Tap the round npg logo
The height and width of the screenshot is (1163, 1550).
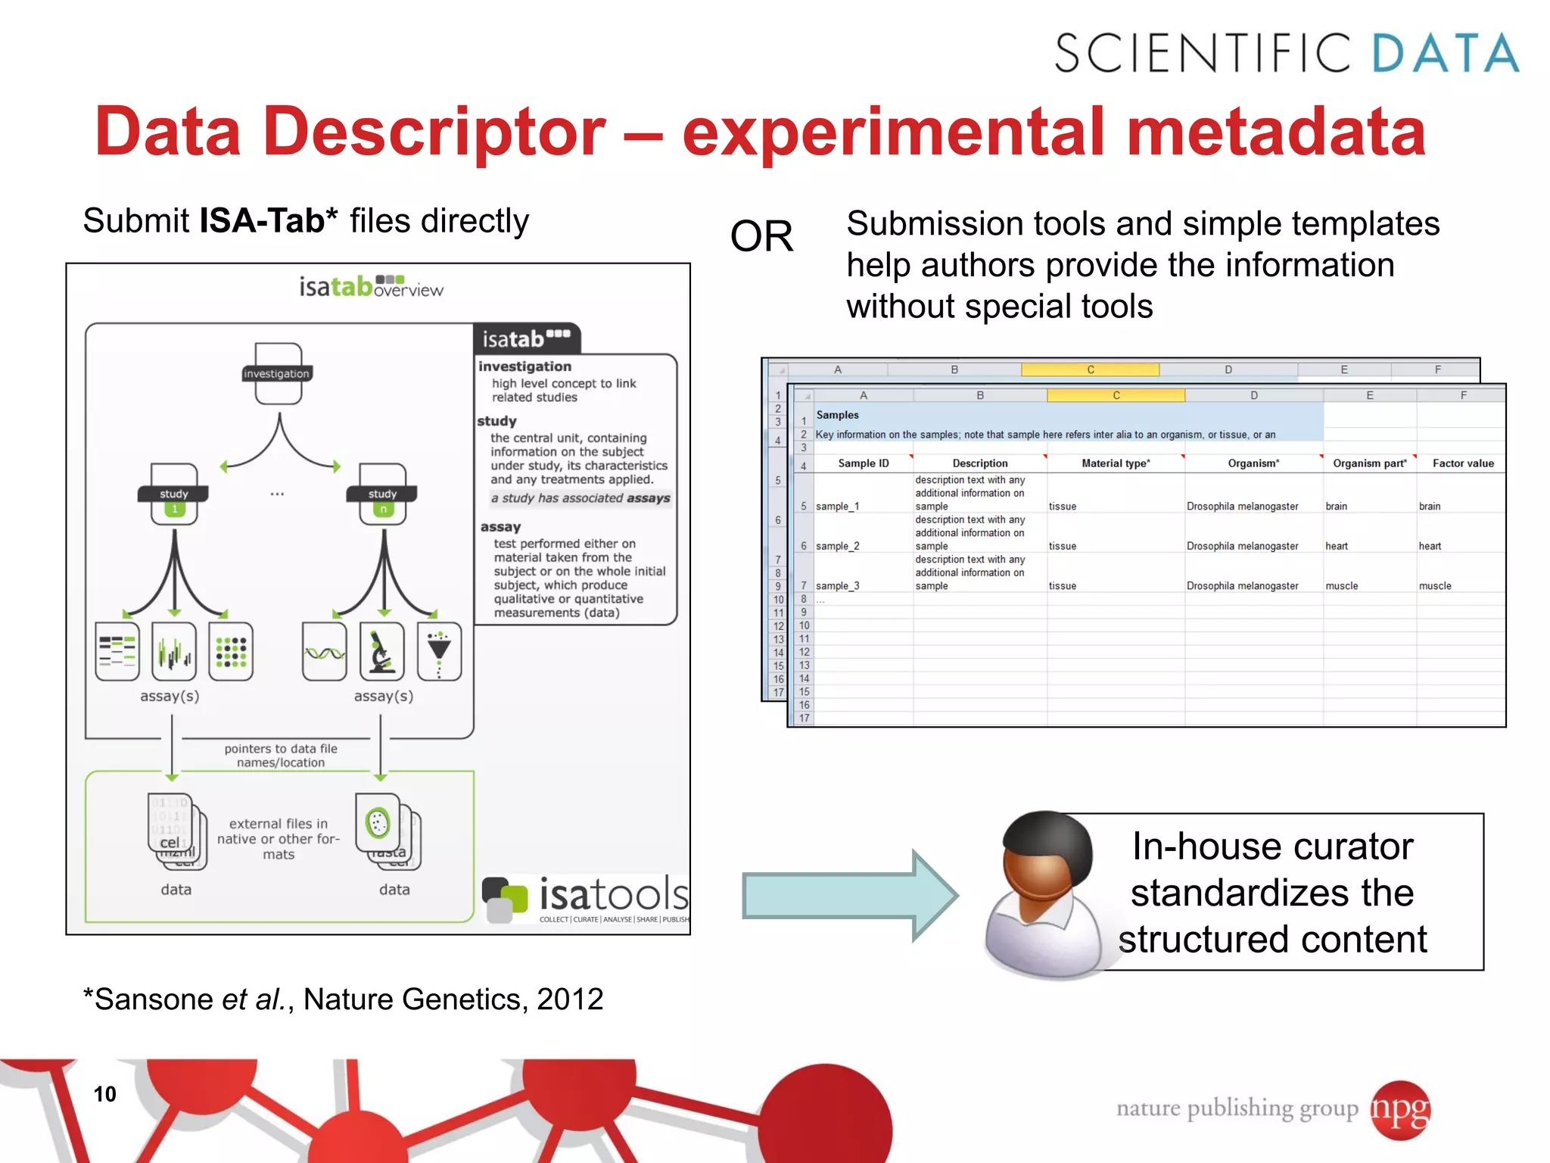[1400, 1109]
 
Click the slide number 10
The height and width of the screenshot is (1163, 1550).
[104, 1093]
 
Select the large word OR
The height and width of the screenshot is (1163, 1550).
[761, 236]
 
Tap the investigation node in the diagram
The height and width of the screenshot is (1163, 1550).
[277, 373]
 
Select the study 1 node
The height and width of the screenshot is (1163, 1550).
[174, 496]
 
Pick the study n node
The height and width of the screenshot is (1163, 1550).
[383, 496]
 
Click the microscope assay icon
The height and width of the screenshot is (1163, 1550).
[381, 651]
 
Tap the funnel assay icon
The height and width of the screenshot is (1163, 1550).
[439, 651]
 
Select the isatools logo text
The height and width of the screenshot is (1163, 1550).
[613, 895]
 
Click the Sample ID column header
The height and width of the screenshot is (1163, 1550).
[863, 463]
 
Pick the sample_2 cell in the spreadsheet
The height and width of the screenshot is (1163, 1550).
[837, 546]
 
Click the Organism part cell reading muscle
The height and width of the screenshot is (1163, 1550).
[1342, 586]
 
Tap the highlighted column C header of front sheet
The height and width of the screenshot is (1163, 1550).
[1116, 395]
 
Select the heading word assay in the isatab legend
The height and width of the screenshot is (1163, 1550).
[500, 527]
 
